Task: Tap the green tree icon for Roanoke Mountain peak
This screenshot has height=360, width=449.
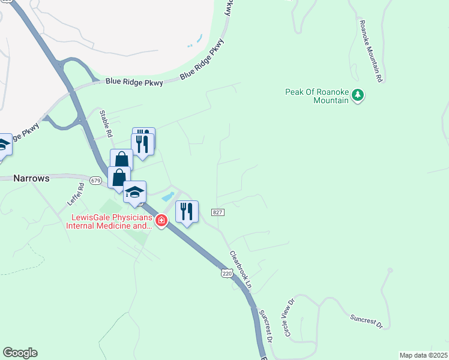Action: [358, 95]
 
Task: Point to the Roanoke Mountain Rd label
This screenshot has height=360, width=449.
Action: [370, 51]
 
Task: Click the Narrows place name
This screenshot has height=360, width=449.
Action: [31, 178]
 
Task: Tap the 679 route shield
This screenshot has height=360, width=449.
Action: [95, 180]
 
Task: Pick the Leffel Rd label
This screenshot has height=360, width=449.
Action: [79, 194]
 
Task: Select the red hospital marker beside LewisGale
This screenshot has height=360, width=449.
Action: [161, 221]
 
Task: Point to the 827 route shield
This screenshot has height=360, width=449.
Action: [217, 212]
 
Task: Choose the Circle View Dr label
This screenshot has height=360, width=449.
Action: [287, 318]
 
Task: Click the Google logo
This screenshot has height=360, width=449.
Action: [20, 353]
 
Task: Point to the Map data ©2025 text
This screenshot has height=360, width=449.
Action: [423, 355]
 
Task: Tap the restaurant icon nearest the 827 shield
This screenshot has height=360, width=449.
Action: [187, 212]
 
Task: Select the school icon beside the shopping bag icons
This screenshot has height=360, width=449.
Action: [134, 192]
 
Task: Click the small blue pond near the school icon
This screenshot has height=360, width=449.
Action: [168, 196]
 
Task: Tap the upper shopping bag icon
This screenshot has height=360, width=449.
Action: [122, 160]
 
